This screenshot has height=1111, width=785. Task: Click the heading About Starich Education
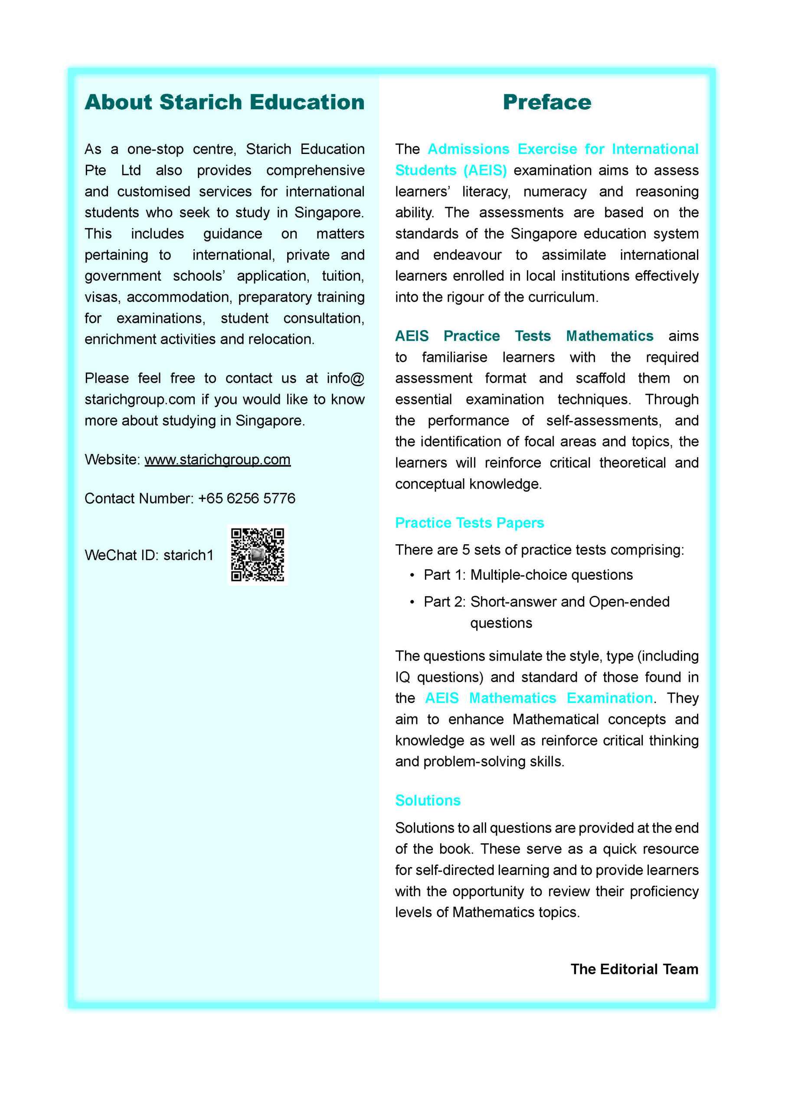coord(224,102)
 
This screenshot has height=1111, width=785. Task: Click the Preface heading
coord(546,102)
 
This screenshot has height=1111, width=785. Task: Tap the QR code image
coord(257,555)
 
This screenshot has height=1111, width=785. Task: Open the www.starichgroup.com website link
coord(217,459)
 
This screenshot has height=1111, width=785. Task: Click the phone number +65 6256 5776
coord(246,498)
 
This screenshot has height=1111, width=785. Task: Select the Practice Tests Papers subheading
coord(469,523)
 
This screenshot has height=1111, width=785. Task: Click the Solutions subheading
coord(428,800)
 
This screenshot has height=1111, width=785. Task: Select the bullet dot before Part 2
coord(412,602)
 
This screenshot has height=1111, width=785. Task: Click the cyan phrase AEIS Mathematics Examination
coord(538,698)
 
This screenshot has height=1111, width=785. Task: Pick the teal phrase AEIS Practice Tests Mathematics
coord(524,336)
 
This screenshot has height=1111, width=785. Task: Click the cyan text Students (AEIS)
coord(450,170)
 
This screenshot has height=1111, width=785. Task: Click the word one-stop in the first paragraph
coord(155,149)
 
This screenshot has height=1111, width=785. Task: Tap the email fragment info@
coord(345,378)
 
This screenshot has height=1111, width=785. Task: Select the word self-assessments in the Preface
coord(603,421)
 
